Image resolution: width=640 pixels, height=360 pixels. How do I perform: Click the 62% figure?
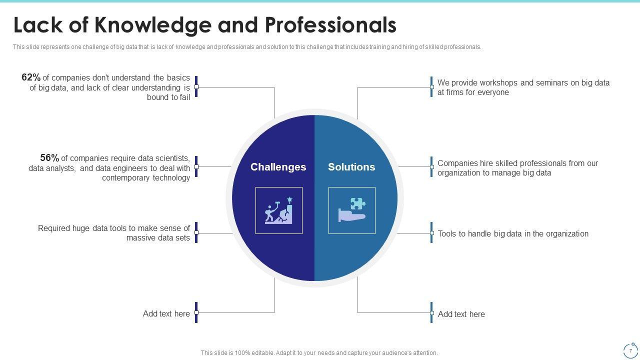pos(31,77)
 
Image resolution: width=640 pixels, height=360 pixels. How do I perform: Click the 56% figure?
pos(49,158)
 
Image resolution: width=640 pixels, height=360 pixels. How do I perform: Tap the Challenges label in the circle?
pos(278,167)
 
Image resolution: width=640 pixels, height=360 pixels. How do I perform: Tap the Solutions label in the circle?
pos(351,167)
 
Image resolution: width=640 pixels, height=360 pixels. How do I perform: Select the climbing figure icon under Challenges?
pos(278,210)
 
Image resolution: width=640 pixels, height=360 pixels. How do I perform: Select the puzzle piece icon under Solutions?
pos(352,210)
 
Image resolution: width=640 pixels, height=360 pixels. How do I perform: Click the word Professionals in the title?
pos(330,25)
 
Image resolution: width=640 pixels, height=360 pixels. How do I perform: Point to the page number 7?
pos(630,350)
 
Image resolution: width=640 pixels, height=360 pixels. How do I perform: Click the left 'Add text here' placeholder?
pos(166,314)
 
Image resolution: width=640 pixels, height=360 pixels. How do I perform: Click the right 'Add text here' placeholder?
pos(461,314)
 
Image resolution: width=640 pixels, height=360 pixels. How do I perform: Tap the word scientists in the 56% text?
pos(167,158)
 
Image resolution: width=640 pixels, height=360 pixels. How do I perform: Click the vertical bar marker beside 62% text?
pos(196,86)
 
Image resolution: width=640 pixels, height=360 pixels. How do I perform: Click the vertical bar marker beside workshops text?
pos(431,86)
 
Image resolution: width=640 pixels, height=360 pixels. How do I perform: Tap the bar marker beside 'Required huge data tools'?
pos(196,232)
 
